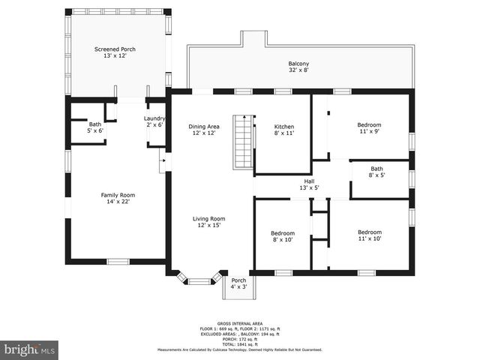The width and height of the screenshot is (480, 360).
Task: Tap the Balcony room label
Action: [298, 64]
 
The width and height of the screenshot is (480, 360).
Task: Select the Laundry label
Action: [154, 118]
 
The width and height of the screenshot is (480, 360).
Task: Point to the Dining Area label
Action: [203, 127]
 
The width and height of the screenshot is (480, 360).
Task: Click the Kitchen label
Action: [283, 127]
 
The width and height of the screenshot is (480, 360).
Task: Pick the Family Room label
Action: [116, 195]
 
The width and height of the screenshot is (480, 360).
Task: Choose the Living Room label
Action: [211, 219]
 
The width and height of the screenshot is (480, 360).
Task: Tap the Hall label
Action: [309, 181]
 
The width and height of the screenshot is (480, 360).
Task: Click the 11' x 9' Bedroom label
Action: [369, 124]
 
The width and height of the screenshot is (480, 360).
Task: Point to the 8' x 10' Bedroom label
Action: [283, 233]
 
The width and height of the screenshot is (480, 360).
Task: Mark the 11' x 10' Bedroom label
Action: [369, 232]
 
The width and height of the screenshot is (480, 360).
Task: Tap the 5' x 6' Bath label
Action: [95, 124]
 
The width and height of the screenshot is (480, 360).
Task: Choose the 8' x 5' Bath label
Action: [376, 169]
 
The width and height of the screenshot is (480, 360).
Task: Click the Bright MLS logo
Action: [29, 349]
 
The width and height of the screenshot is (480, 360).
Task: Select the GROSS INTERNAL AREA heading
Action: [239, 325]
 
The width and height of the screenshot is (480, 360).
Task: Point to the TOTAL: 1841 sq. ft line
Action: [239, 343]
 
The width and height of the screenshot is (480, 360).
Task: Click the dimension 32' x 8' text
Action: [298, 70]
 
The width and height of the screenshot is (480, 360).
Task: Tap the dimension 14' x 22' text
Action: [116, 201]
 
